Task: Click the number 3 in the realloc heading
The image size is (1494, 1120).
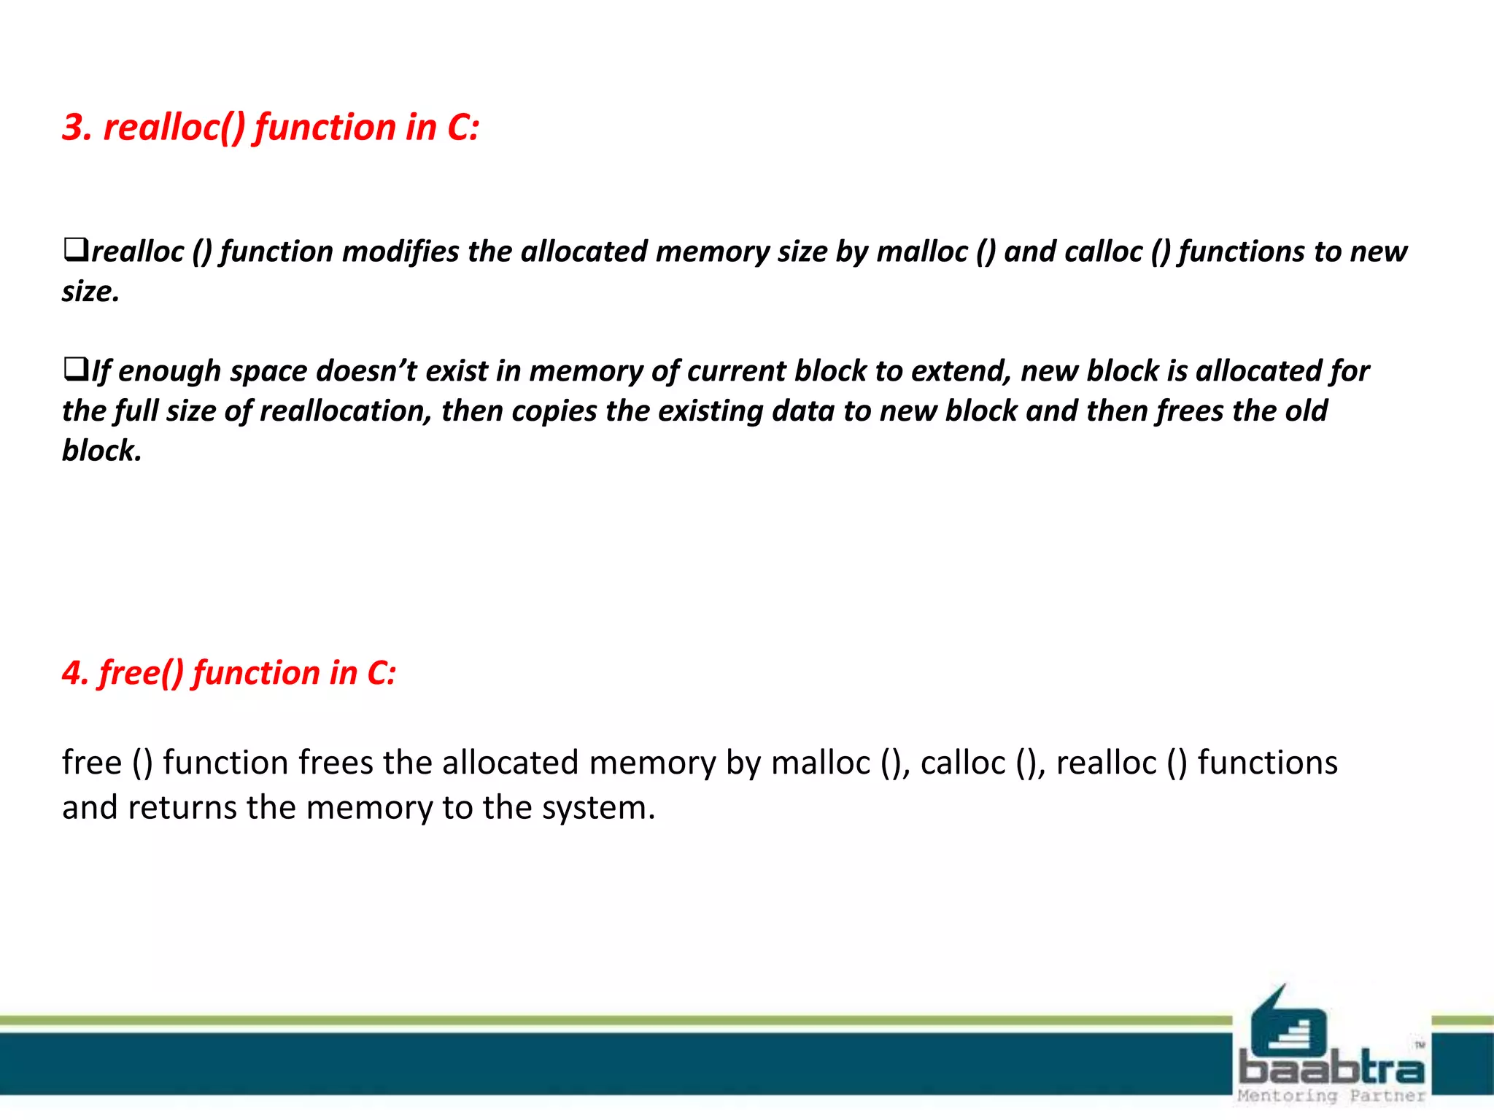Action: [x=75, y=128]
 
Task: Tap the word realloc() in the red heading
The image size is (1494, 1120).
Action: [x=174, y=128]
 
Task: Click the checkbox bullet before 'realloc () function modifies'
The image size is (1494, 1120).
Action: [x=75, y=249]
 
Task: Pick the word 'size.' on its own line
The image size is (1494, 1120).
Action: [x=90, y=292]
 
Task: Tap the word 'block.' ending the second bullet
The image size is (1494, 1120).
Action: [x=101, y=451]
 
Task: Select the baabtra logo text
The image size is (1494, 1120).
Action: [x=1331, y=1069]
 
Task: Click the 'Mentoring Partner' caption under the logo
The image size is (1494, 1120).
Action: [x=1331, y=1096]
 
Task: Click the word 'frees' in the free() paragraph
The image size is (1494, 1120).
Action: [x=336, y=763]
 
